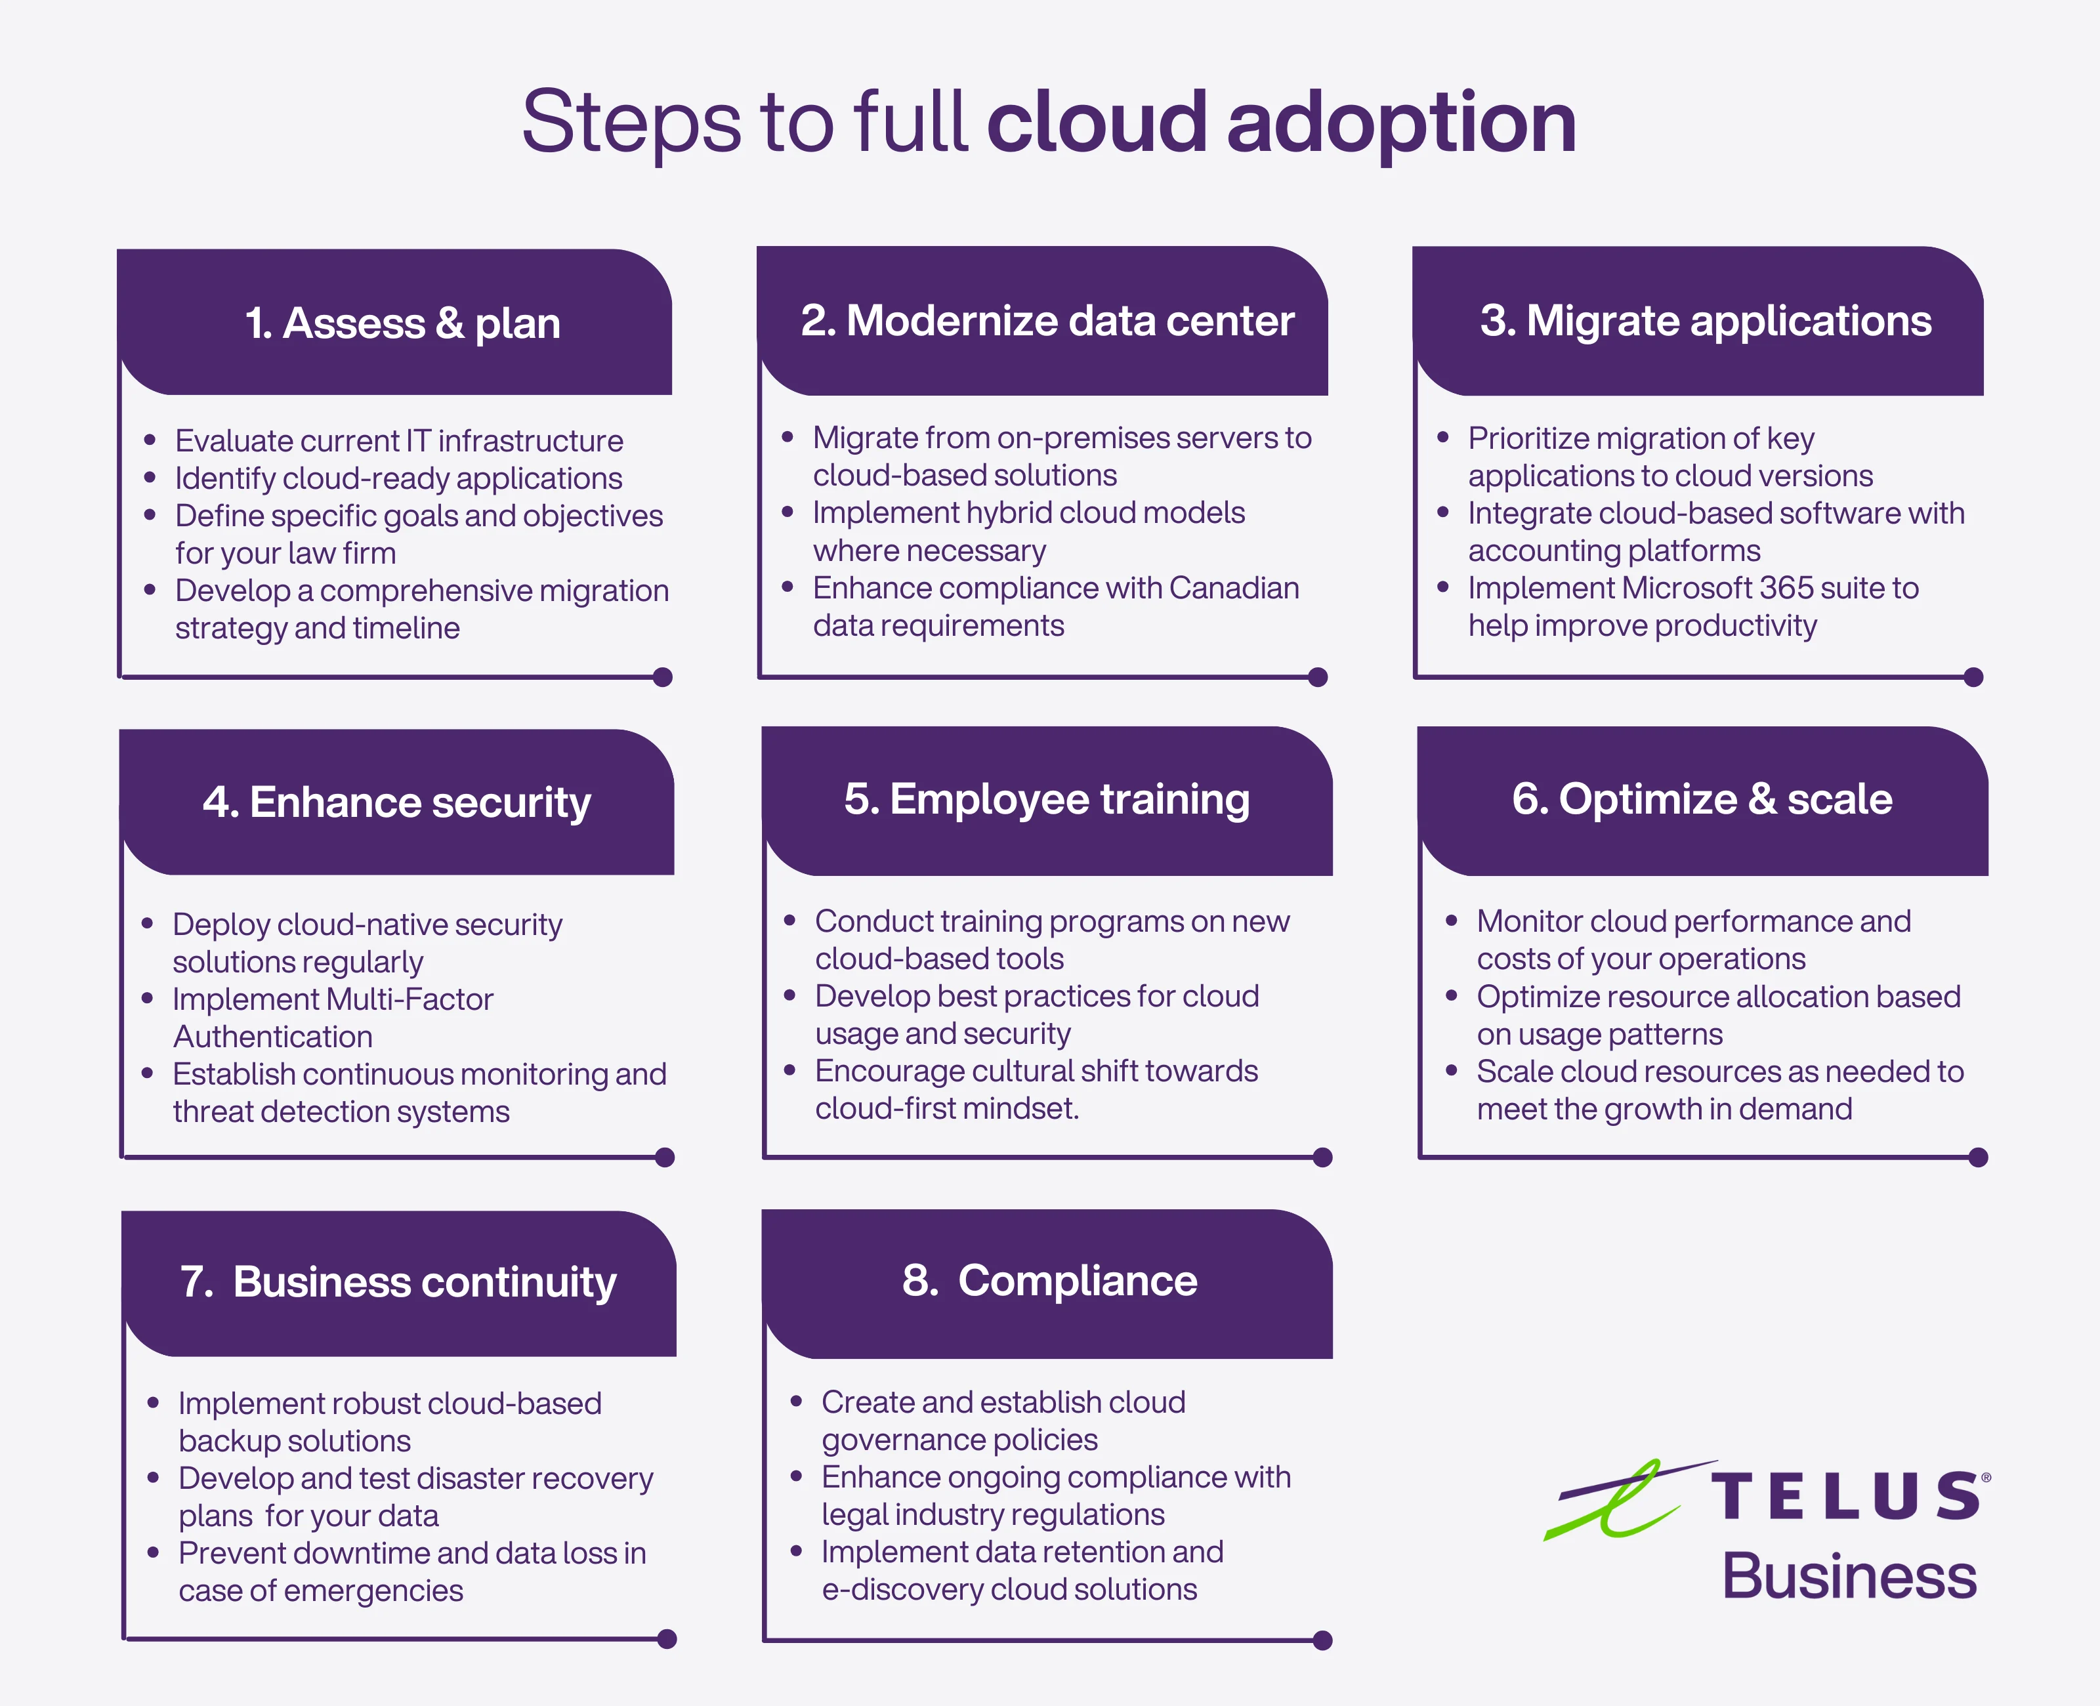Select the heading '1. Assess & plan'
tap(403, 324)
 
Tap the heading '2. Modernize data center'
tap(1047, 320)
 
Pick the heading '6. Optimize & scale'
tap(1702, 800)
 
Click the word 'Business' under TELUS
tap(1849, 1576)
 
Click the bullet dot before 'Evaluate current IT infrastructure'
tap(150, 440)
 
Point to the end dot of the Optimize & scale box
tap(1978, 1157)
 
